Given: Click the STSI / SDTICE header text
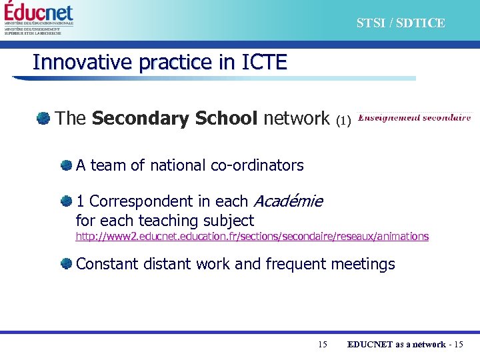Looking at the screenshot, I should click(x=400, y=23).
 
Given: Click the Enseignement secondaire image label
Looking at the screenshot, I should click(x=414, y=117).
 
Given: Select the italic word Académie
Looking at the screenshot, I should click(x=289, y=201).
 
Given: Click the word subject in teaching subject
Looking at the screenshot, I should click(x=229, y=221).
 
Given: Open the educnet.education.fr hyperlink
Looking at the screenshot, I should click(x=252, y=237).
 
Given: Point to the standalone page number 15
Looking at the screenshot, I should click(x=323, y=344).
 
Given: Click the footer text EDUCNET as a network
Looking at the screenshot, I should click(x=396, y=344).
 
